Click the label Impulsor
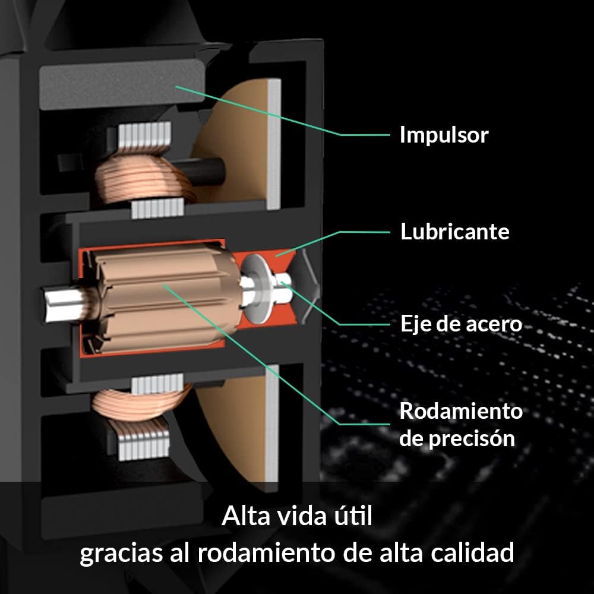coord(444,135)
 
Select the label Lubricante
coord(455,231)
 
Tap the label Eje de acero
coord(461,324)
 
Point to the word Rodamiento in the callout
coord(461,410)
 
